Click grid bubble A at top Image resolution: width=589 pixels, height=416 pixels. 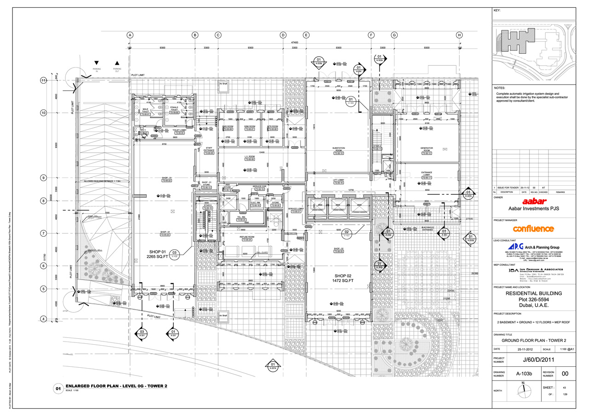pos(130,35)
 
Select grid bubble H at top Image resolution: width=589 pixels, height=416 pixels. pos(459,35)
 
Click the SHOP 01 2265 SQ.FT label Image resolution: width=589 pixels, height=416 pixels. pos(160,255)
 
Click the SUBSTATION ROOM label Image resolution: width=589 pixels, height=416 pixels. pos(339,150)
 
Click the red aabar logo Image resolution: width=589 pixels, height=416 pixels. pos(533,201)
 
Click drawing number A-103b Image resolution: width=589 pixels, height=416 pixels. pos(524,375)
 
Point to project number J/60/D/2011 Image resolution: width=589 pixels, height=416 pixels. pos(533,359)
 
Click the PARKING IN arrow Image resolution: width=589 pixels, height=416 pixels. pos(97,63)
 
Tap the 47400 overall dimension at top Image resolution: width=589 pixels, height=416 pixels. pos(294,42)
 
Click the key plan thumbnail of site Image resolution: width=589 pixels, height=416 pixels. pos(533,47)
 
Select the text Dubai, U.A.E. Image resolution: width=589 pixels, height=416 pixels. pos(533,305)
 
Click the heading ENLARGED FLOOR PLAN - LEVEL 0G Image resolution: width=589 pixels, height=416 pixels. pos(116,387)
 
